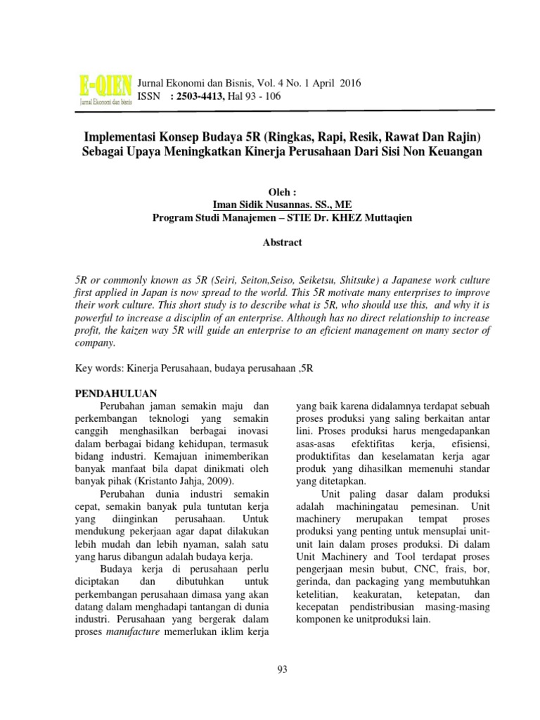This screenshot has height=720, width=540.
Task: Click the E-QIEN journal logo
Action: point(104,91)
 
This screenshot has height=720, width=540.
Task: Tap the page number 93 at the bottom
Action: point(283,668)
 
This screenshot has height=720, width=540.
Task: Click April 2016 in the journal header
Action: point(337,83)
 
